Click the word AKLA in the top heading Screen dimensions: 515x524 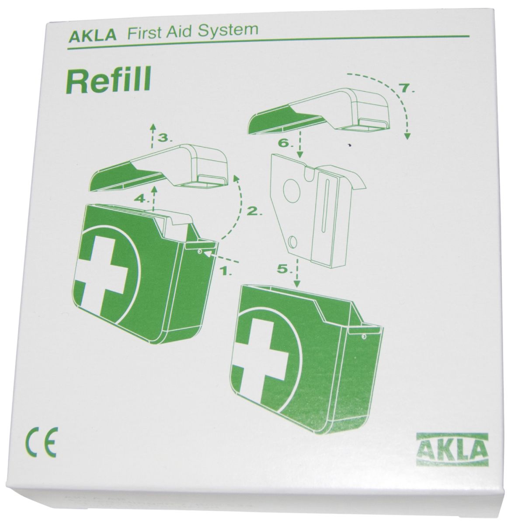[93, 36]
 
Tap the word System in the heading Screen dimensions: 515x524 [228, 30]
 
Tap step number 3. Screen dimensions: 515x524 [165, 138]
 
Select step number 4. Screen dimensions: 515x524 [142, 199]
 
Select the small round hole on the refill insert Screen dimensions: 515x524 [292, 241]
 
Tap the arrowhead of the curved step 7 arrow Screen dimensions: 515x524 [407, 135]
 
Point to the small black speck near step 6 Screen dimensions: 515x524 [349, 145]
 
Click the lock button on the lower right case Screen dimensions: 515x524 [363, 337]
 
